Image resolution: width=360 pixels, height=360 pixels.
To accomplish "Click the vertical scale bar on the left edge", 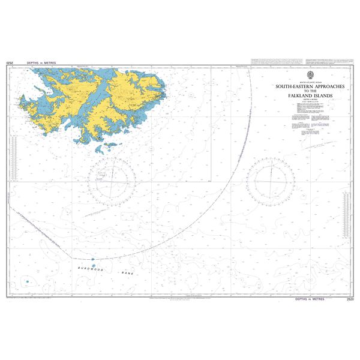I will click(x=13, y=159).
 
